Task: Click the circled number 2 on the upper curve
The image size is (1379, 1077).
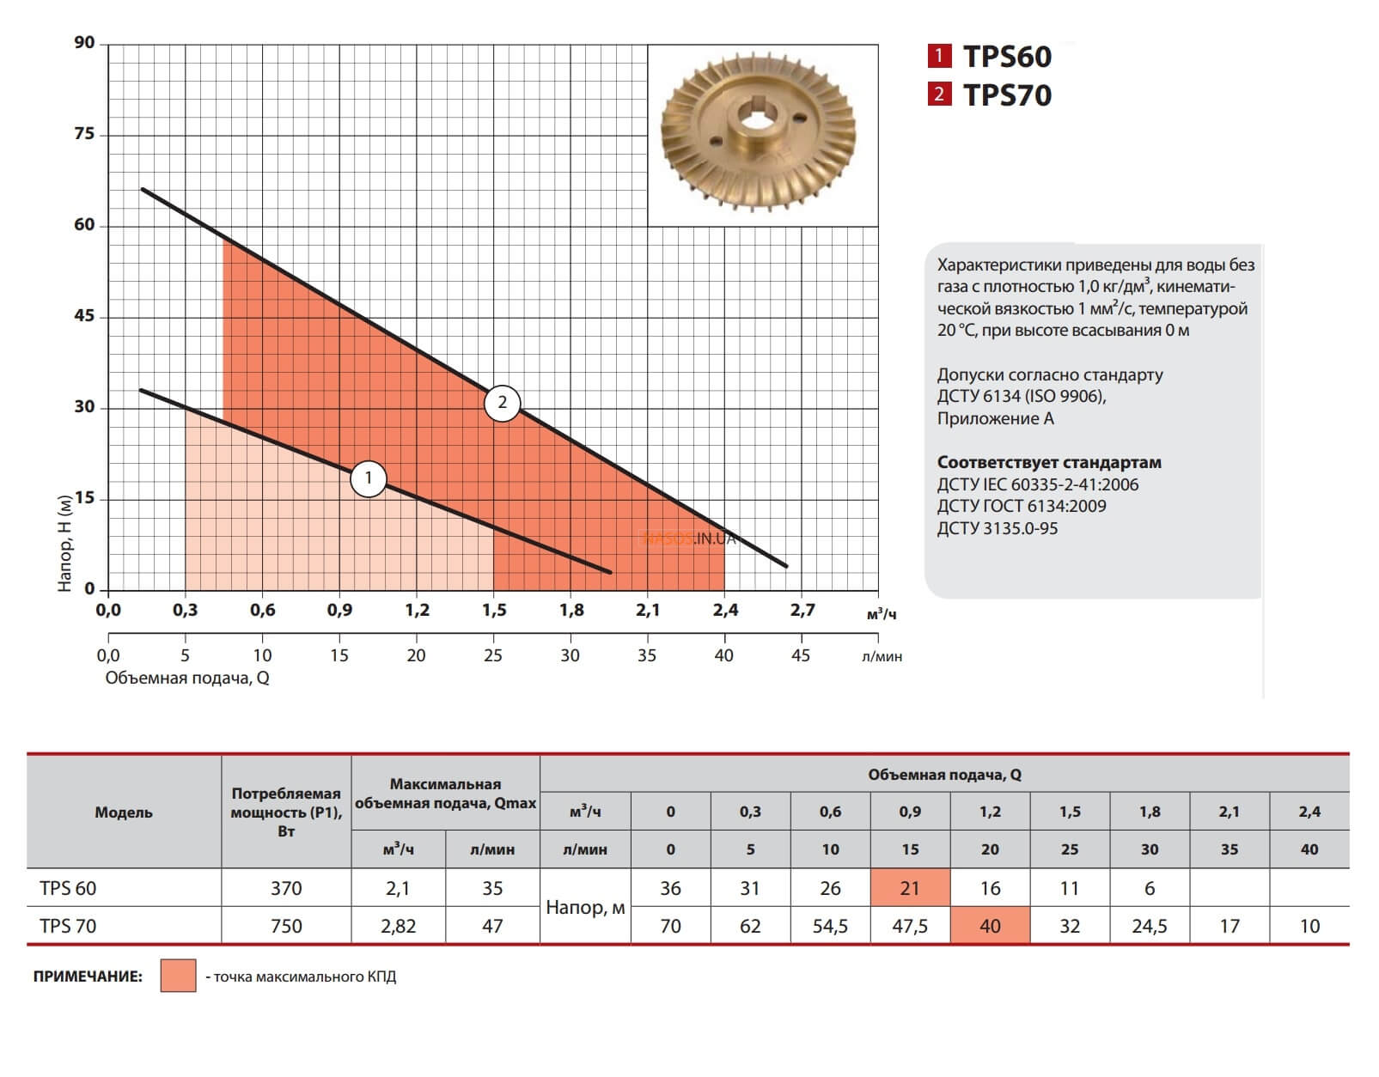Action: (x=503, y=403)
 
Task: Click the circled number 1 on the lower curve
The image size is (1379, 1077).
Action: (x=369, y=478)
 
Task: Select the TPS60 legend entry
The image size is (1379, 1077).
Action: (x=990, y=57)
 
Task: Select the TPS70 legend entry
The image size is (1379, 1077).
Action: (x=990, y=94)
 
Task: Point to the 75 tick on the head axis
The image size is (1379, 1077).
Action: (x=84, y=134)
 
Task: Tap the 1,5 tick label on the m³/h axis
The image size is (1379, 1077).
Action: (x=494, y=611)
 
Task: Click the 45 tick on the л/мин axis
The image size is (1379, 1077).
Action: (x=800, y=655)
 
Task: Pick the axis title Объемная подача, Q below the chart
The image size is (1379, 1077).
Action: (x=187, y=678)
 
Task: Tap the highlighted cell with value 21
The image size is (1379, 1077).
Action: (x=910, y=888)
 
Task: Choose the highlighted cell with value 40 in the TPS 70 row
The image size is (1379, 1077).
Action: (x=990, y=926)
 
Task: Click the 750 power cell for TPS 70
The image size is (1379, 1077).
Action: (x=286, y=926)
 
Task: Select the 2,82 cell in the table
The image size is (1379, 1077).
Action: (x=398, y=926)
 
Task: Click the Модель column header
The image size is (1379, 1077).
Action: (x=124, y=812)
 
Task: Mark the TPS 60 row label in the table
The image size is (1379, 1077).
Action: (x=68, y=888)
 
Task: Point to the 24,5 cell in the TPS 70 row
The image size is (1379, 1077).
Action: (x=1150, y=926)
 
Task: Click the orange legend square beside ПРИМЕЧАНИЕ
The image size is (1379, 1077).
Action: (x=178, y=977)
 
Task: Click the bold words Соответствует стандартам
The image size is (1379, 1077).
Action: (x=1048, y=462)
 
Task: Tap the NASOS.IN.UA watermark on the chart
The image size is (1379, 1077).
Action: (x=689, y=539)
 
